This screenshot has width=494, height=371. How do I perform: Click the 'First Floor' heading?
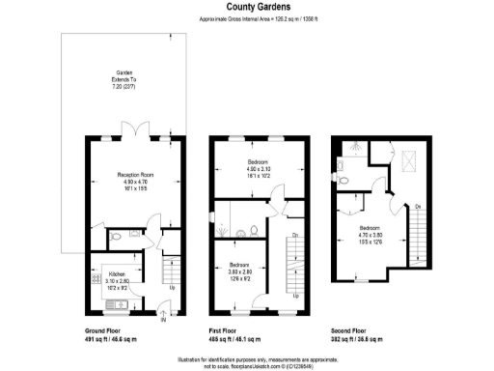[227, 328]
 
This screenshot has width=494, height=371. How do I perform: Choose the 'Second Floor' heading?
[349, 328]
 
